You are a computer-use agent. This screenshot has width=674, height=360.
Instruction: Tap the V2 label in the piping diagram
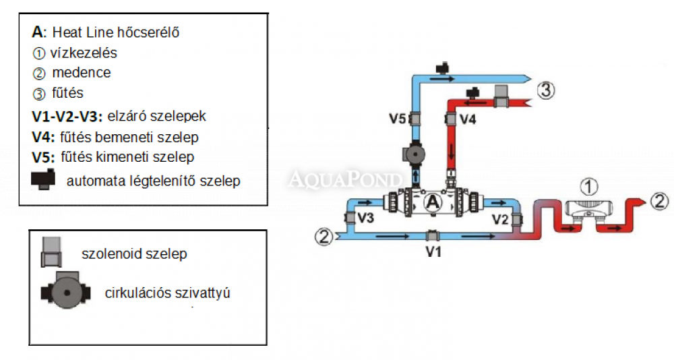[x=500, y=218]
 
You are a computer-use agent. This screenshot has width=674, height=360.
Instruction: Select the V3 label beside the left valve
[x=366, y=218]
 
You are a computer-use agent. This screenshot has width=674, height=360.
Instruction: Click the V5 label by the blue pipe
[x=398, y=119]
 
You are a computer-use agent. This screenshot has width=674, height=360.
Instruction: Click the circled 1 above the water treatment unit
[x=590, y=185]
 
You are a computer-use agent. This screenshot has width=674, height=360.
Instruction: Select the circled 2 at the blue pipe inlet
[x=325, y=236]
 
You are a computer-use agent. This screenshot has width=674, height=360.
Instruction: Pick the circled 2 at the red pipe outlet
[x=660, y=201]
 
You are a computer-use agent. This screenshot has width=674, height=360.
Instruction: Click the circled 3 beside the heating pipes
[x=545, y=89]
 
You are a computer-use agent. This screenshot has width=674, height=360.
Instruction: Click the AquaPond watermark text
[x=346, y=179]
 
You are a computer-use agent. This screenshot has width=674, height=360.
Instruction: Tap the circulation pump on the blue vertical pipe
[x=415, y=154]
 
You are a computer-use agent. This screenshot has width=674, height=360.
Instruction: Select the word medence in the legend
[x=82, y=72]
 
